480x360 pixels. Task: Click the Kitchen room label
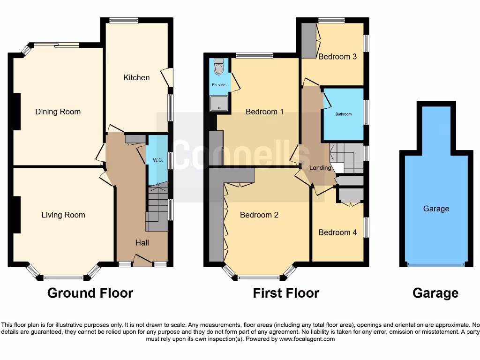point(136,77)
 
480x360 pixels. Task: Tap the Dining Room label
point(58,112)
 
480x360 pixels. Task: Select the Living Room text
point(63,215)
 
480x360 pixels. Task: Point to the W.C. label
point(157,160)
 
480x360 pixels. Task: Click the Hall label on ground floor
point(142,242)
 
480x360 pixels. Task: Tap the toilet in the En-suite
point(218,68)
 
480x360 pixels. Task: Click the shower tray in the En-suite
point(218,103)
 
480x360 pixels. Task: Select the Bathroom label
point(343,114)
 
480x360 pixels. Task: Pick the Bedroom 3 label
point(337,57)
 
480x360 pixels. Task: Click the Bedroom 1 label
point(265,112)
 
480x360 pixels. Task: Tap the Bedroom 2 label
point(259,215)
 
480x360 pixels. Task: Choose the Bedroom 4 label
point(337,232)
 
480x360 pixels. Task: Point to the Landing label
point(320,168)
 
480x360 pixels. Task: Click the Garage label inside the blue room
point(436,209)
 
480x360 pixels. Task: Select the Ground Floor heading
point(90,293)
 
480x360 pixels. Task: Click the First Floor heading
point(286,293)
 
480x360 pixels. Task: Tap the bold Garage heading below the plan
point(435,293)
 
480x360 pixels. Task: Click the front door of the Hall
point(142,261)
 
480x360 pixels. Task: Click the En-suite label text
point(218,85)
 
